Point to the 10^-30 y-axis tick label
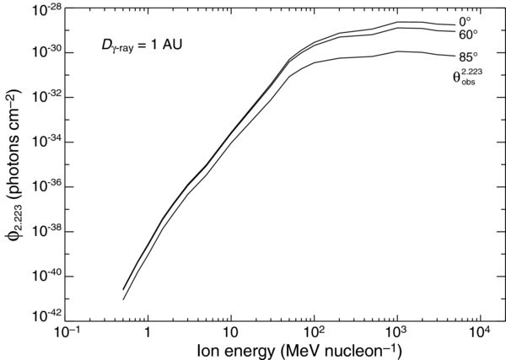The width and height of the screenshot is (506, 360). (45, 52)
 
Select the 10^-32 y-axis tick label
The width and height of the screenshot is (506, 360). (45, 97)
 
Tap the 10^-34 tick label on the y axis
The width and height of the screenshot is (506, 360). (45, 142)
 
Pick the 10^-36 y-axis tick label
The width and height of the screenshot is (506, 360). (45, 186)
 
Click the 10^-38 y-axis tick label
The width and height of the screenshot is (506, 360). (45, 231)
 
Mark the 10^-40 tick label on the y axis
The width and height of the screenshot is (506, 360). (45, 276)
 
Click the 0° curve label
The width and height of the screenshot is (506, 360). (466, 22)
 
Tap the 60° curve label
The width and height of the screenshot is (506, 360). (469, 35)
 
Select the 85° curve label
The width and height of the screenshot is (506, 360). (469, 57)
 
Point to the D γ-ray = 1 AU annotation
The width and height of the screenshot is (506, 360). (139, 43)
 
